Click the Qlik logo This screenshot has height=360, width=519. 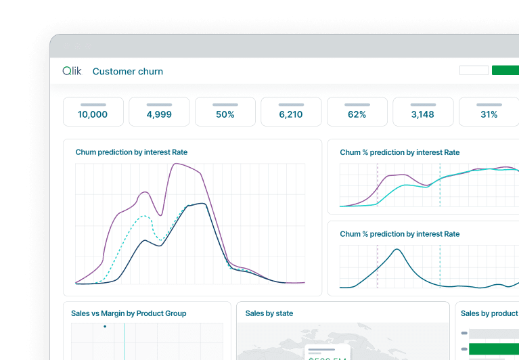(x=72, y=71)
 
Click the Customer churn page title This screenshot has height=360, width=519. (x=128, y=72)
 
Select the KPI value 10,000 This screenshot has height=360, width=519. (x=93, y=114)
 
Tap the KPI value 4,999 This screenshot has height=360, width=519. (x=159, y=114)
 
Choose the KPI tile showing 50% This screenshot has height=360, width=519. (x=225, y=112)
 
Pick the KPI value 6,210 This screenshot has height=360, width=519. (x=291, y=114)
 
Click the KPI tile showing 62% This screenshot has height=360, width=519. (x=357, y=112)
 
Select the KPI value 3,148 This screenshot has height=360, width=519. (x=423, y=114)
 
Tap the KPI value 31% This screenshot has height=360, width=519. (x=489, y=114)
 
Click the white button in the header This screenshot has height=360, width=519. (x=474, y=70)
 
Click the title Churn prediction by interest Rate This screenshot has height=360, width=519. (x=131, y=152)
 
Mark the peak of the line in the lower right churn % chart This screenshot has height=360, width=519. (x=397, y=250)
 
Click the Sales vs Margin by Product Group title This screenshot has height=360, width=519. (x=129, y=313)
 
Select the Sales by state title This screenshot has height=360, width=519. (x=269, y=313)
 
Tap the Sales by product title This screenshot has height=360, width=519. (x=489, y=313)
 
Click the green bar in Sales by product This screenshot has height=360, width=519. (x=494, y=349)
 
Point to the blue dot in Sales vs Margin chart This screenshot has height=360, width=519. (x=104, y=326)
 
